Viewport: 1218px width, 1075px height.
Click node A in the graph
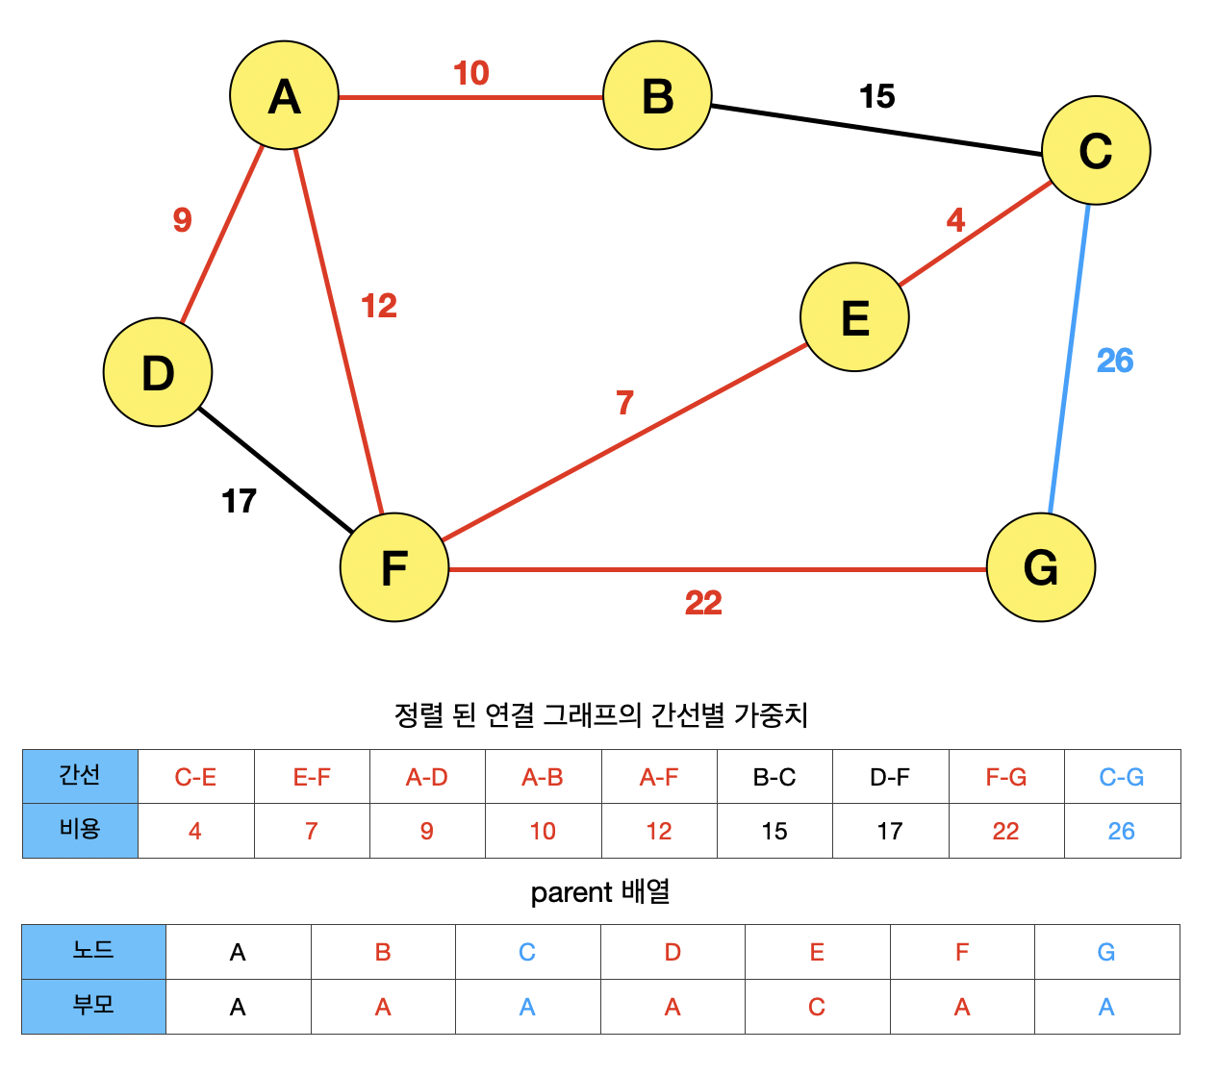(x=284, y=95)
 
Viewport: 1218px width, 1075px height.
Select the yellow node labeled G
(x=1041, y=567)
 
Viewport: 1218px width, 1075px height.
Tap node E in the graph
(x=854, y=317)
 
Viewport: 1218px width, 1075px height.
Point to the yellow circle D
(x=158, y=372)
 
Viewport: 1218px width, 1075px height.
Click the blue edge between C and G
(x=1069, y=358)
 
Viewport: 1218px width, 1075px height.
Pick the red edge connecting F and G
(x=717, y=569)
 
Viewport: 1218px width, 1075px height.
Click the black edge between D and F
(x=275, y=470)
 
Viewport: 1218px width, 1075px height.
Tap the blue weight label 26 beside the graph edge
(x=1115, y=361)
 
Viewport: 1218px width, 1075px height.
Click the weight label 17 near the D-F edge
(x=239, y=501)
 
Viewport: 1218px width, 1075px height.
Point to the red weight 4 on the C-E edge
(x=955, y=220)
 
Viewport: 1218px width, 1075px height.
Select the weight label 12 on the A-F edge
(x=379, y=306)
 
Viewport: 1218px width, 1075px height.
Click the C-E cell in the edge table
(x=195, y=777)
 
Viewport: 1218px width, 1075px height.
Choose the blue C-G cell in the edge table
(x=1122, y=777)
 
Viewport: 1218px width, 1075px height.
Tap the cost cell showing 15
(x=774, y=831)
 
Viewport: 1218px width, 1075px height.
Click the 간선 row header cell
(x=80, y=776)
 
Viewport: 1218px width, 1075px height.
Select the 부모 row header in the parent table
(x=93, y=1006)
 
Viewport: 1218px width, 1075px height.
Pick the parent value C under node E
(x=817, y=1007)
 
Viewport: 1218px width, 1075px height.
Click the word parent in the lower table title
(x=571, y=893)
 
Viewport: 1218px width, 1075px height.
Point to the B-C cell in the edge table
(x=774, y=777)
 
